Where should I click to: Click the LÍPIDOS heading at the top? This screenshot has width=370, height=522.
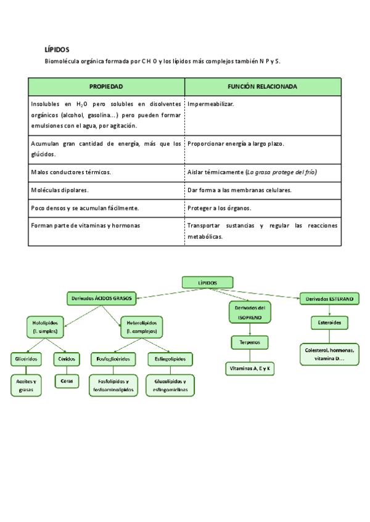pyautogui.click(x=57, y=49)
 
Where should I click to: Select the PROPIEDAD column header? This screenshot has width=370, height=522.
pyautogui.click(x=106, y=87)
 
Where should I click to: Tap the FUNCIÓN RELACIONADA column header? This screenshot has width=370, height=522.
pyautogui.click(x=262, y=87)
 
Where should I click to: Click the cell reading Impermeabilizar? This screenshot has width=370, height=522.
pyautogui.click(x=211, y=104)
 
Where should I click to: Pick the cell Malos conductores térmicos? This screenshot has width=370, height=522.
pyautogui.click(x=71, y=173)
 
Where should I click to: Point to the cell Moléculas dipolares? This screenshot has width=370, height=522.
pyautogui.click(x=60, y=190)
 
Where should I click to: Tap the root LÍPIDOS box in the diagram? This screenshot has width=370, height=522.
pyautogui.click(x=208, y=283)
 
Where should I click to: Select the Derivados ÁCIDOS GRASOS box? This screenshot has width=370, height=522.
pyautogui.click(x=101, y=299)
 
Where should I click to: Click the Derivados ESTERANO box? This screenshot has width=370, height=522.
pyautogui.click(x=329, y=299)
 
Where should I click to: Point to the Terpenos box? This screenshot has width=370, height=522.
pyautogui.click(x=249, y=342)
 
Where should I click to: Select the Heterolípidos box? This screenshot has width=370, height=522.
pyautogui.click(x=141, y=326)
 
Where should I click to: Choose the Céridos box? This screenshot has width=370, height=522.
pyautogui.click(x=66, y=358)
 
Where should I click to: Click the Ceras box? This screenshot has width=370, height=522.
pyautogui.click(x=66, y=382)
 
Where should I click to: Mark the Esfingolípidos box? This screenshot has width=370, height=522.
pyautogui.click(x=170, y=358)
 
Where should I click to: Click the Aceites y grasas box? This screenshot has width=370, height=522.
pyautogui.click(x=26, y=385)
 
